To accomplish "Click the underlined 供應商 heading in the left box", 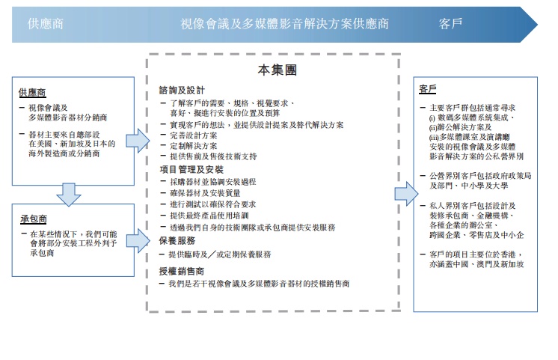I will (32, 92).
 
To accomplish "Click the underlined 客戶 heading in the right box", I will (428, 89).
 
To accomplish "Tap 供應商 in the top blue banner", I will (46, 24).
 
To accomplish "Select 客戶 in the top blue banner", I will (450, 24).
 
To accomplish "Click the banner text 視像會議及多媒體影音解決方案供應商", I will (284, 24).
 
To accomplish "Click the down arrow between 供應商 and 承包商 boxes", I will (69, 194).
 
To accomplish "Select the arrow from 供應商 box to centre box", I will (138, 140).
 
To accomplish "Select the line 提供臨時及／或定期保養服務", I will (220, 254).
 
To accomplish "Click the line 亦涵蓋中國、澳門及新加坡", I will (471, 264).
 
